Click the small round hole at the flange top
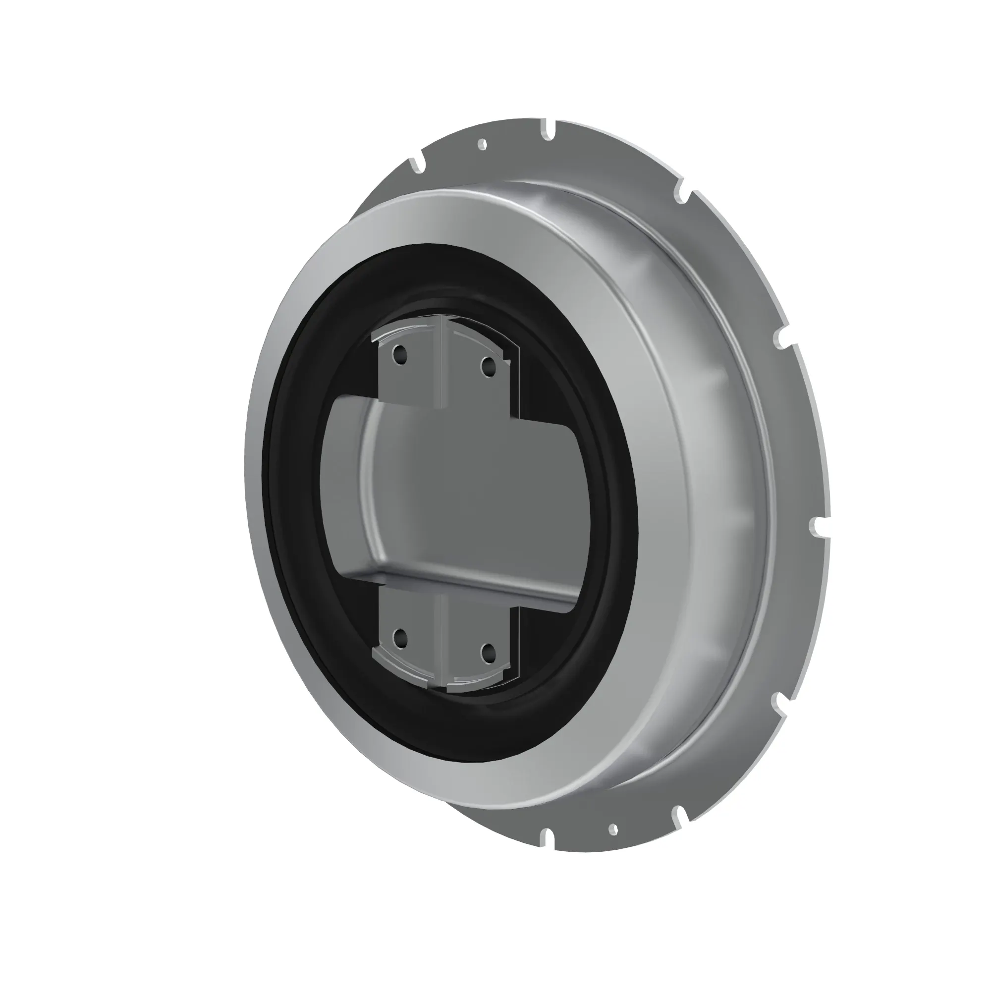482,145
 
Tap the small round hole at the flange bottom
612,828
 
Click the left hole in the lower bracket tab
399,639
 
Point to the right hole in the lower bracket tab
487,652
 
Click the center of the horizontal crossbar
462,493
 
